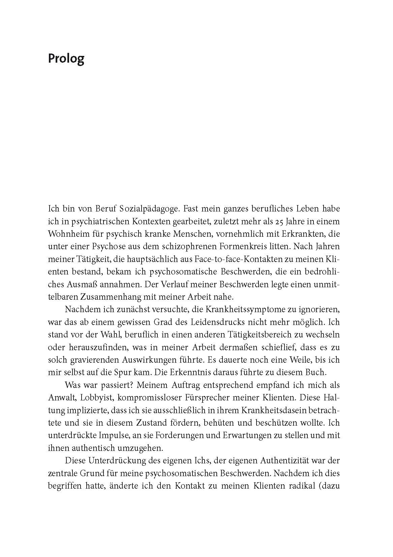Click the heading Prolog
click(x=66, y=59)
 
